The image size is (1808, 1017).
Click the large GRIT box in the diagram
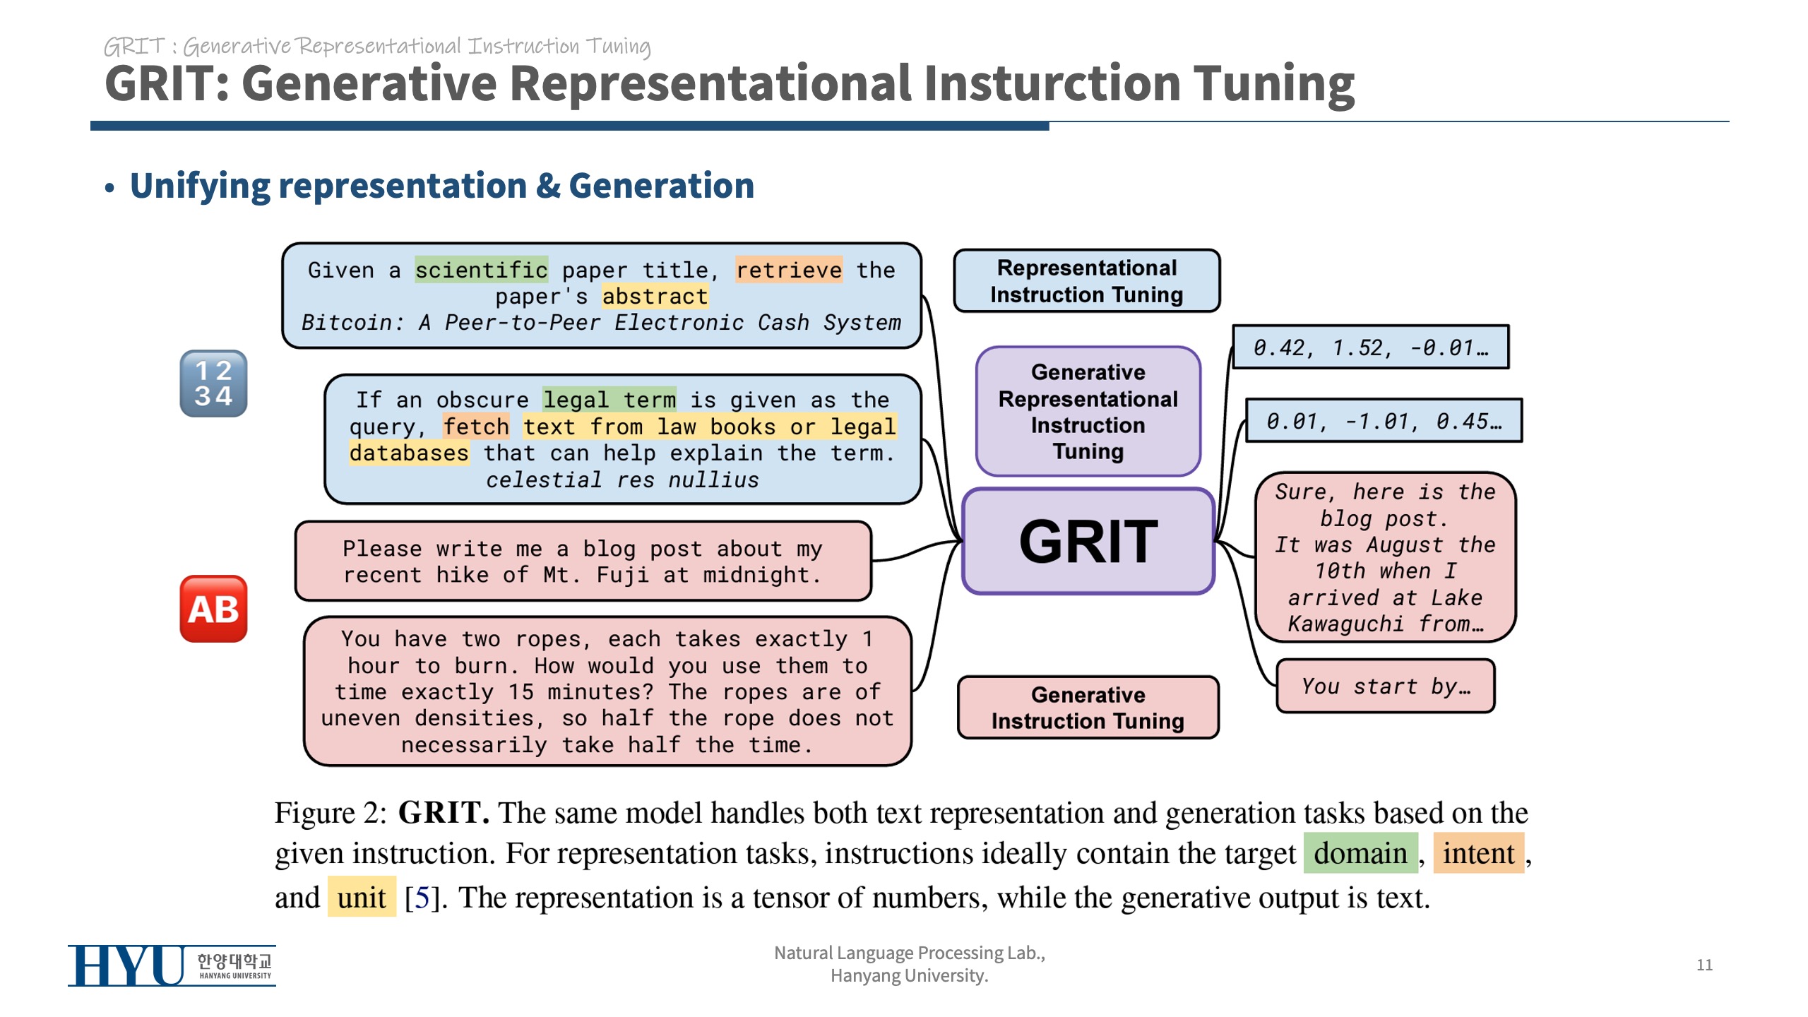(1088, 541)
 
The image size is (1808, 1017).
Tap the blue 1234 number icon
(213, 383)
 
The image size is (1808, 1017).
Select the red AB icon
(213, 609)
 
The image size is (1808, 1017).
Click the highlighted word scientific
(481, 270)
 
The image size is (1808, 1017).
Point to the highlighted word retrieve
(788, 270)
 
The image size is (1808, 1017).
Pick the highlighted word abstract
(655, 296)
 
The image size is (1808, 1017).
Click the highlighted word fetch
(476, 427)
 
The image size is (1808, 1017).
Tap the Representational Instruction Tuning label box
(1086, 280)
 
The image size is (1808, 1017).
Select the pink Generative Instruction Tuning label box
(1088, 708)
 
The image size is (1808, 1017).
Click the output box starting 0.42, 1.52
(1370, 347)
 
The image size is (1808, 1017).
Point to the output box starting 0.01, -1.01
(1384, 421)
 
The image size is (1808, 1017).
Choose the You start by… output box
(1386, 686)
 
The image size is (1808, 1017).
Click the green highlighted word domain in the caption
(1360, 853)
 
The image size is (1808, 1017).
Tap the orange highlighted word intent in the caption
(1478, 853)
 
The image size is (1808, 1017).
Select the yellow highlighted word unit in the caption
(362, 898)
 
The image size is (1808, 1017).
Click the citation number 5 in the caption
(422, 898)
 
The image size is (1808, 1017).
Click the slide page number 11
(1704, 965)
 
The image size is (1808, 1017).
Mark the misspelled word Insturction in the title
(1052, 83)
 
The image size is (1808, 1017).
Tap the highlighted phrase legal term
(609, 400)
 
